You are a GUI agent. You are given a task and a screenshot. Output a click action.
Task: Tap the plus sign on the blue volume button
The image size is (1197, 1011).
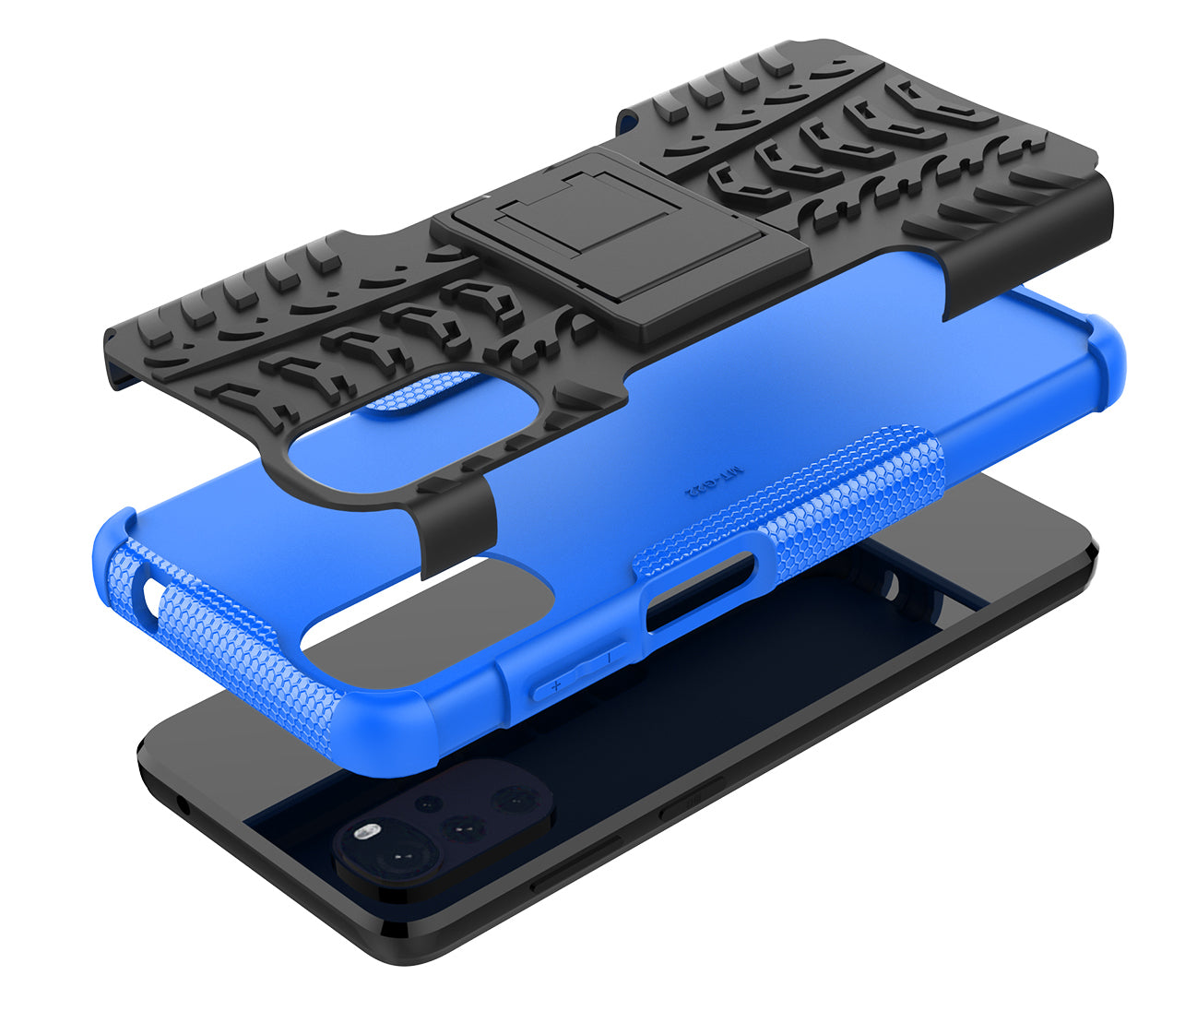tap(556, 685)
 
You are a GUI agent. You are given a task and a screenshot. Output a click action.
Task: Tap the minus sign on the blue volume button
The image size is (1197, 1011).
tap(608, 657)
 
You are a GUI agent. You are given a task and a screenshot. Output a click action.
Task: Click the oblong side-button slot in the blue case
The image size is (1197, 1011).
tap(699, 592)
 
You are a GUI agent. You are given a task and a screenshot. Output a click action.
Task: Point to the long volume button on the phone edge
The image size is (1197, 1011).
tap(576, 862)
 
